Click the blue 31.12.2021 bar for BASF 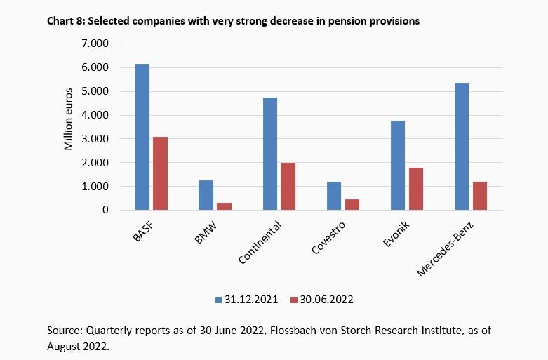(x=142, y=137)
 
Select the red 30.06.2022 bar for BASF (x=160, y=173)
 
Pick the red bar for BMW (x=224, y=206)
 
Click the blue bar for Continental (x=269, y=154)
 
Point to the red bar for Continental (x=288, y=186)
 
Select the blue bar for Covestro (x=333, y=196)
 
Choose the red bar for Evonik (x=415, y=189)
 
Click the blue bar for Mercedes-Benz (x=461, y=146)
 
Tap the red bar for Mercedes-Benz (x=479, y=196)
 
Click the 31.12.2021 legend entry (x=246, y=299)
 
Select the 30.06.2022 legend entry (x=320, y=299)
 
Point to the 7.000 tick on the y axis (x=95, y=44)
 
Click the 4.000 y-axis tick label (x=95, y=115)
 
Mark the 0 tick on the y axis (x=105, y=210)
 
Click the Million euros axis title (x=69, y=120)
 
